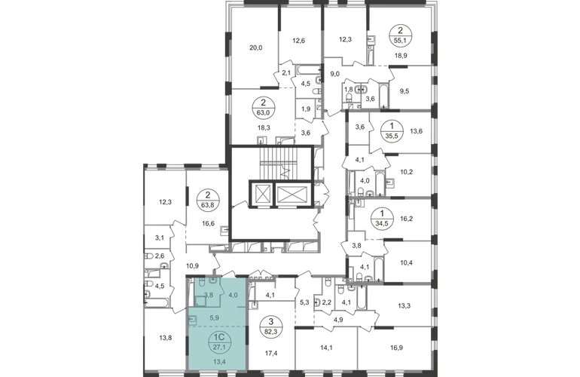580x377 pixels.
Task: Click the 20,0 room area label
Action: point(255,48)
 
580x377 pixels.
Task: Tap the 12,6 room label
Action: point(298,41)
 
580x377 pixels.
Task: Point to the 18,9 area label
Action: point(401,56)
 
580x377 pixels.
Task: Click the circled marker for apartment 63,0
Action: point(264,107)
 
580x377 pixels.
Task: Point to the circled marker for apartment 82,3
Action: point(271,326)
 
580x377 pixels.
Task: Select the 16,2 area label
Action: point(407,219)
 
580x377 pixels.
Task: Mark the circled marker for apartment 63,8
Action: point(208,199)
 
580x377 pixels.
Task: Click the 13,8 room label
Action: point(166,338)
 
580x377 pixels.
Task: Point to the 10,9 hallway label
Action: point(193,265)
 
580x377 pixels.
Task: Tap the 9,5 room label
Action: point(404,90)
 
